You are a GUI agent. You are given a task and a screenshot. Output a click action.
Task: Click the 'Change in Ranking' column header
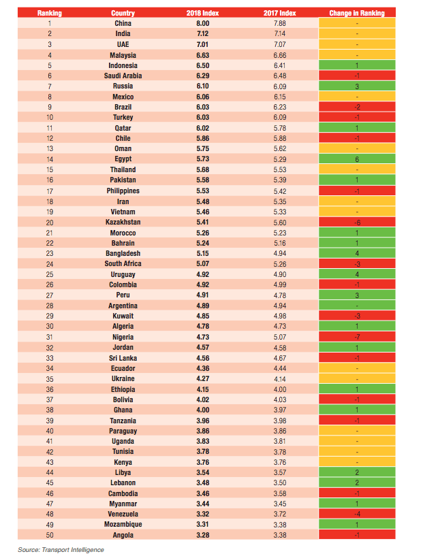357,13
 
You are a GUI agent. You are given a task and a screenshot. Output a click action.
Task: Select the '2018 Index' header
202,13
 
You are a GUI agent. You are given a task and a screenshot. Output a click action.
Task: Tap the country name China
123,23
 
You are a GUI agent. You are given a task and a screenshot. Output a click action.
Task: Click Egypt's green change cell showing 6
357,159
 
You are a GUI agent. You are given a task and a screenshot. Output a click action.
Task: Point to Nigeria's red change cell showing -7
357,337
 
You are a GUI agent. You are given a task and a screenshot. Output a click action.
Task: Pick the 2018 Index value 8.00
202,23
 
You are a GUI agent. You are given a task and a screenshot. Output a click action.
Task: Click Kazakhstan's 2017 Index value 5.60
280,223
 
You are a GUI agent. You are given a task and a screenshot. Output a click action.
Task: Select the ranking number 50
50,535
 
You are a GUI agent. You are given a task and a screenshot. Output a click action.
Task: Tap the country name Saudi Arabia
123,76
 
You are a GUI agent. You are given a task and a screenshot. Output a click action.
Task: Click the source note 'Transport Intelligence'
73,550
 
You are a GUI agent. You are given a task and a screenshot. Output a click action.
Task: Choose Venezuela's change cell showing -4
357,514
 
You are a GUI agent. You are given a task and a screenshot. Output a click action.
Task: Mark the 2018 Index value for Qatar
202,128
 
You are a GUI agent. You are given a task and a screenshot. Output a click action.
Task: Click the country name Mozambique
123,524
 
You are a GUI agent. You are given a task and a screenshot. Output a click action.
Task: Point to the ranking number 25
50,274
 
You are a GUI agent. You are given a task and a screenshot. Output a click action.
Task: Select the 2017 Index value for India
280,33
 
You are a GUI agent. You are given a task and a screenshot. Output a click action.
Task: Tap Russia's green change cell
357,86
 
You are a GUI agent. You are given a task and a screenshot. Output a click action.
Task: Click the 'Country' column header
123,13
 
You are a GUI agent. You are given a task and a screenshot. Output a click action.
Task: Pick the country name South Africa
123,263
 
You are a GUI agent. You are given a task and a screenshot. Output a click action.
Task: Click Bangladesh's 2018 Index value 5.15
202,254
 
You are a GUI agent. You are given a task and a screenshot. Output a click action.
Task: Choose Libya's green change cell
357,472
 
